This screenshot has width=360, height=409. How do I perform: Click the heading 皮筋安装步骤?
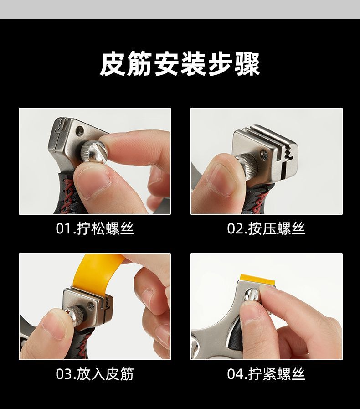tap(180, 64)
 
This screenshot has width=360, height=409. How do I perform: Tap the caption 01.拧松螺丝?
tap(95, 228)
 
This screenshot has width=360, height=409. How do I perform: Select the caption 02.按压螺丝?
tap(266, 228)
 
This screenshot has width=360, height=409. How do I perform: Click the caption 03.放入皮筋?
tap(95, 374)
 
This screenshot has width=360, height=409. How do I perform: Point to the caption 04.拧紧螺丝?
tap(266, 374)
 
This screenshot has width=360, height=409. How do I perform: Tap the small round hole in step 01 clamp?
tap(80, 130)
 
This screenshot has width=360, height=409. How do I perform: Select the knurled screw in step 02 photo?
tap(247, 165)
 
